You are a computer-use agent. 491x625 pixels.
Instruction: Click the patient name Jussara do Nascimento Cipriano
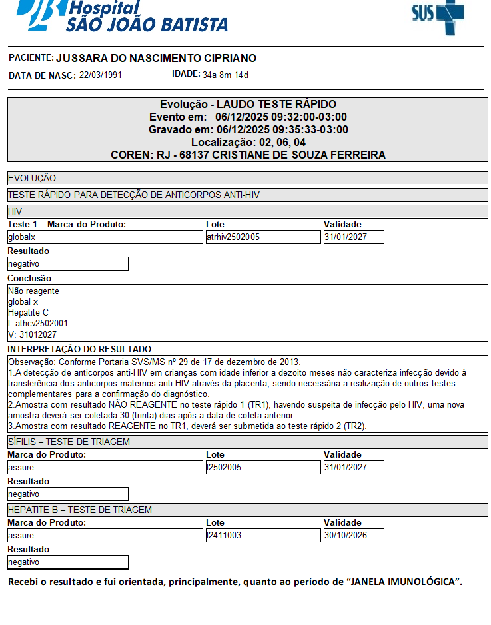click(156, 59)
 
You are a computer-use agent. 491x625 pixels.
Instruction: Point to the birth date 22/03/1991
click(100, 75)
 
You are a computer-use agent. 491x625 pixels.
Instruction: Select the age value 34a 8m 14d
click(225, 75)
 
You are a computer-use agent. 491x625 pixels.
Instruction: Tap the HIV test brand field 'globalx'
click(105, 237)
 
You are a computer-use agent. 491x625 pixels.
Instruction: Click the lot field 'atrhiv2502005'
click(263, 237)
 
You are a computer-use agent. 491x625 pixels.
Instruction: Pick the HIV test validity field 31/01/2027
click(354, 237)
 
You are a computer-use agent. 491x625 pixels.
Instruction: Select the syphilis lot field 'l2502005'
click(263, 468)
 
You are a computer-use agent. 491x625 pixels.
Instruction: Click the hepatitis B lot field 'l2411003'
click(263, 536)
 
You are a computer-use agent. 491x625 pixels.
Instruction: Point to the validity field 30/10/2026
click(354, 536)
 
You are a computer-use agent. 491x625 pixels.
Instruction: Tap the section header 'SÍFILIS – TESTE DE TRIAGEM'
click(69, 442)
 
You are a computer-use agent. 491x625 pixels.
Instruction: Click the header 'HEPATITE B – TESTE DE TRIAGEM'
click(79, 510)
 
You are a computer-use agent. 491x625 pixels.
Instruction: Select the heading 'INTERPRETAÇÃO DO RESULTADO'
click(79, 350)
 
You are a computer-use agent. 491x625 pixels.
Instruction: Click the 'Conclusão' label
click(29, 279)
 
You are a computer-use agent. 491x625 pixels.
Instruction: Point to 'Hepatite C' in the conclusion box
click(28, 313)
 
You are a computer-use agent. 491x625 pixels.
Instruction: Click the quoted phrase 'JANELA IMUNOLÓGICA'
click(404, 582)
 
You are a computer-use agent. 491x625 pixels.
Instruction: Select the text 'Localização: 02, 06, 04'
click(248, 143)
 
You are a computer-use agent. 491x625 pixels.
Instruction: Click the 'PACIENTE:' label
click(31, 59)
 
